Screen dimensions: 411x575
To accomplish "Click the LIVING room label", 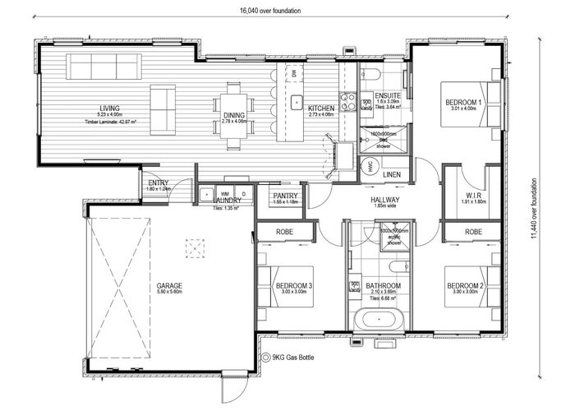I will [109, 109].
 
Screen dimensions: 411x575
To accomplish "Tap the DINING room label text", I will [232, 114].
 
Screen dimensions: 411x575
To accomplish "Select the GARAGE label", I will [169, 286].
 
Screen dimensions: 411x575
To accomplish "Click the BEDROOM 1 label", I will [464, 102].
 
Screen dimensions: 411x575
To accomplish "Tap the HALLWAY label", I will [385, 200].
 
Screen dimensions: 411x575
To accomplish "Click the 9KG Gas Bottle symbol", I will [265, 357].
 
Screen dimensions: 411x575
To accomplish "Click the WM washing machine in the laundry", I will [203, 194].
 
